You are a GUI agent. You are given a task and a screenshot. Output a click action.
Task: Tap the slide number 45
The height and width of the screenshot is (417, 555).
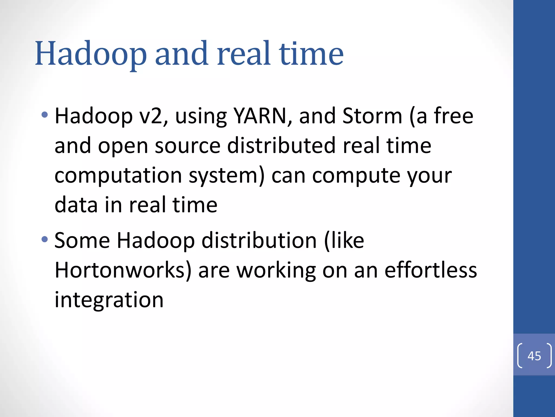534,356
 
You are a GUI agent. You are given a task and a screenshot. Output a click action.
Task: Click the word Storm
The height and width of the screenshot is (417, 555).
372,116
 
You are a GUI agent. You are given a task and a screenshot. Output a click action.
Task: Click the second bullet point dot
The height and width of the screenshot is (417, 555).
45,239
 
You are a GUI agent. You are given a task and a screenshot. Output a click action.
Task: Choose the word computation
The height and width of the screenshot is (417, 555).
118,176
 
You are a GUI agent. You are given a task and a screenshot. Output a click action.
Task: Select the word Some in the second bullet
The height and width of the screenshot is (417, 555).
82,241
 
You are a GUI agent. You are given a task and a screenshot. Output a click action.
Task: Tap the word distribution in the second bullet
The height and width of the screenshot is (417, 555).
259,241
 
